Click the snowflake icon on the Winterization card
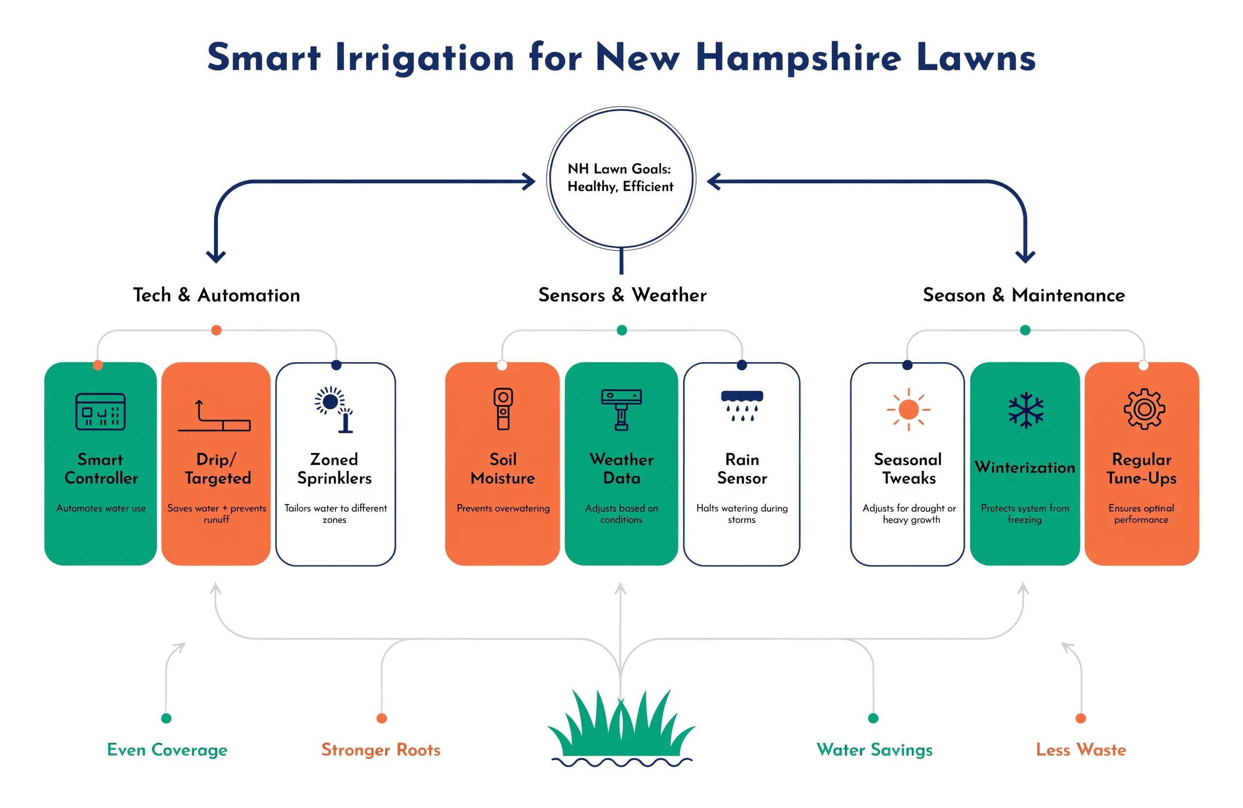pyautogui.click(x=1025, y=409)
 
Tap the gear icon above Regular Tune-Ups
pyautogui.click(x=1144, y=409)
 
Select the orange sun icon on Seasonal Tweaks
pyautogui.click(x=908, y=409)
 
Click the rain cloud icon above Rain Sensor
pyautogui.click(x=741, y=406)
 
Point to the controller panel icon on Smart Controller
pyautogui.click(x=101, y=412)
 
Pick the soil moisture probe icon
pyautogui.click(x=503, y=409)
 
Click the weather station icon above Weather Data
pyautogui.click(x=621, y=410)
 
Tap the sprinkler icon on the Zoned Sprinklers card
pyautogui.click(x=334, y=409)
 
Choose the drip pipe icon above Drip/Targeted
pyautogui.click(x=214, y=416)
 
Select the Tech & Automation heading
pyautogui.click(x=217, y=295)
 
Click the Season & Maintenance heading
pyautogui.click(x=1024, y=295)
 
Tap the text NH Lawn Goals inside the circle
pyautogui.click(x=619, y=168)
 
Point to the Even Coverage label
pyautogui.click(x=167, y=750)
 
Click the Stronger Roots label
pyautogui.click(x=381, y=750)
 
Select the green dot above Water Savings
pyautogui.click(x=873, y=718)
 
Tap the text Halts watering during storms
pyautogui.click(x=741, y=513)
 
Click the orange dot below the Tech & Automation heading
pyautogui.click(x=216, y=330)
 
